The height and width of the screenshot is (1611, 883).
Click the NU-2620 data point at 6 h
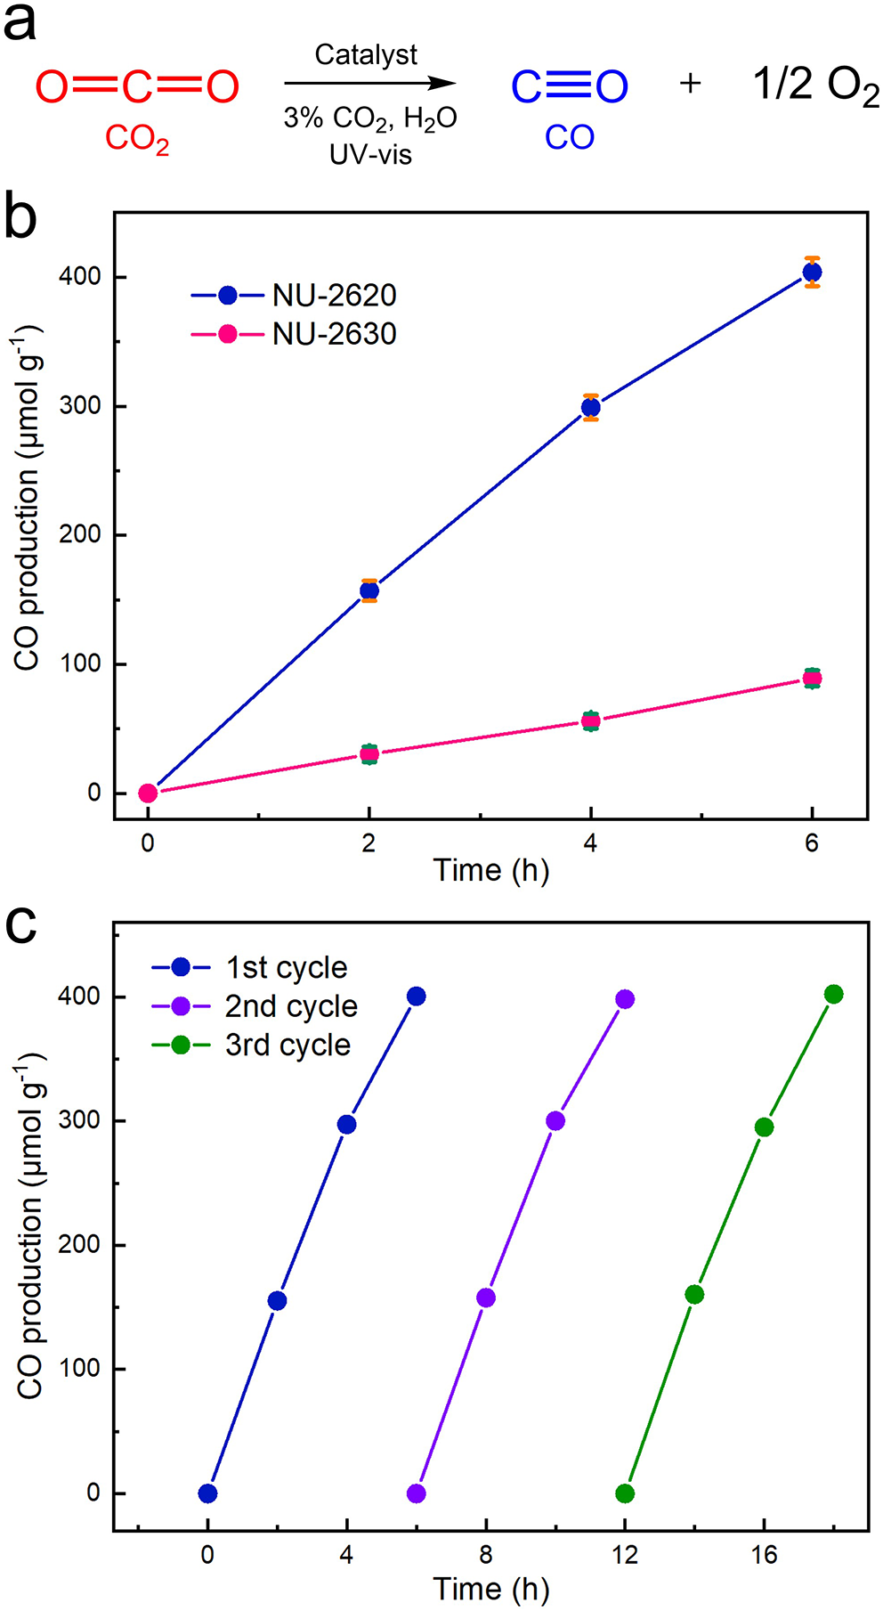pyautogui.click(x=812, y=272)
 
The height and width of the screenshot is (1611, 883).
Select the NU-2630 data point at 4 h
pyautogui.click(x=590, y=720)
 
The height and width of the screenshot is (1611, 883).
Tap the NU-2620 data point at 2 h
pyautogui.click(x=369, y=590)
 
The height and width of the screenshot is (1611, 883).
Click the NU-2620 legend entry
pyautogui.click(x=294, y=295)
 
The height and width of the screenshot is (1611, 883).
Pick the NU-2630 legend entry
pyautogui.click(x=294, y=334)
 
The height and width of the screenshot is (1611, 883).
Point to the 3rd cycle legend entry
pyautogui.click(x=251, y=1045)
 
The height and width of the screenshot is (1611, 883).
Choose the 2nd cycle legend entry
pyautogui.click(x=255, y=1006)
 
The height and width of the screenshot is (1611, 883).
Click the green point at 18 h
pyautogui.click(x=833, y=994)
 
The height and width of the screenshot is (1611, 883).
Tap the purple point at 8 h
pyautogui.click(x=486, y=1298)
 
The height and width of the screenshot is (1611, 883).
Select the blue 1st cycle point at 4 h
pyautogui.click(x=346, y=1124)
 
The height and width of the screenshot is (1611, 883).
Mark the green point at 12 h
pyautogui.click(x=625, y=1493)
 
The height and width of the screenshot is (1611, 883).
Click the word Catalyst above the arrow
pyautogui.click(x=366, y=55)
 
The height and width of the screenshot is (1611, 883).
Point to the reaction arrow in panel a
pyautogui.click(x=369, y=84)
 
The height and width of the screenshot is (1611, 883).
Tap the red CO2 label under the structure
pyautogui.click(x=137, y=139)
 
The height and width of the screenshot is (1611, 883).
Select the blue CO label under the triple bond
pyautogui.click(x=570, y=137)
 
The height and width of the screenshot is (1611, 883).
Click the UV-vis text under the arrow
pyautogui.click(x=370, y=154)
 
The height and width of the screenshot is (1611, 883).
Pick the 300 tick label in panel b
pyautogui.click(x=80, y=406)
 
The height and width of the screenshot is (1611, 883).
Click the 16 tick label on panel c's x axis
pyautogui.click(x=764, y=1554)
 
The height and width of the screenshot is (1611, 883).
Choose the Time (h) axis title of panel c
pyautogui.click(x=490, y=1588)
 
